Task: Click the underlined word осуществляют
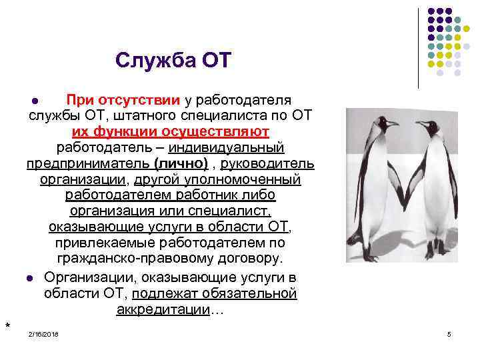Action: [219, 131]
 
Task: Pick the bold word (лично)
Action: [180, 163]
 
